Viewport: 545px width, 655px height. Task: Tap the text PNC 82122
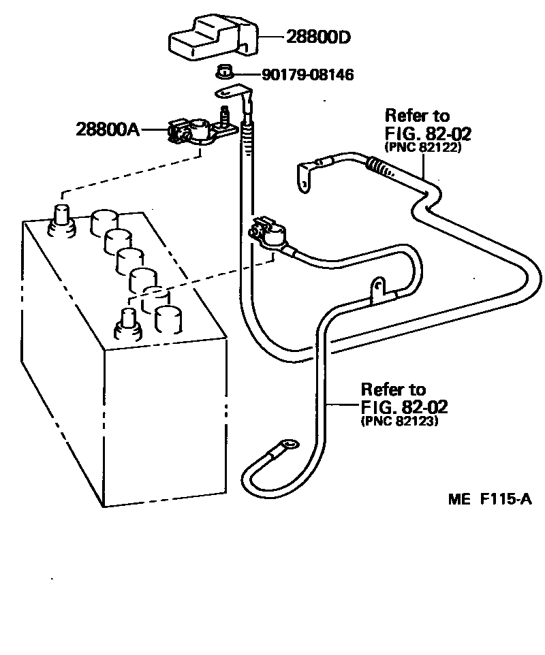[x=424, y=146]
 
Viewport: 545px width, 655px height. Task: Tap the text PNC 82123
[x=399, y=421]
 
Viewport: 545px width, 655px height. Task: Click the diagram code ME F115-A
[x=489, y=499]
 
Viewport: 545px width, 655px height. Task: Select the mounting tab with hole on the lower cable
[x=379, y=289]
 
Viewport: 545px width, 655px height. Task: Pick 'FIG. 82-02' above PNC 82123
[x=404, y=407]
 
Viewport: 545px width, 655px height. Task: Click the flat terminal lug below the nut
[x=230, y=94]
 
